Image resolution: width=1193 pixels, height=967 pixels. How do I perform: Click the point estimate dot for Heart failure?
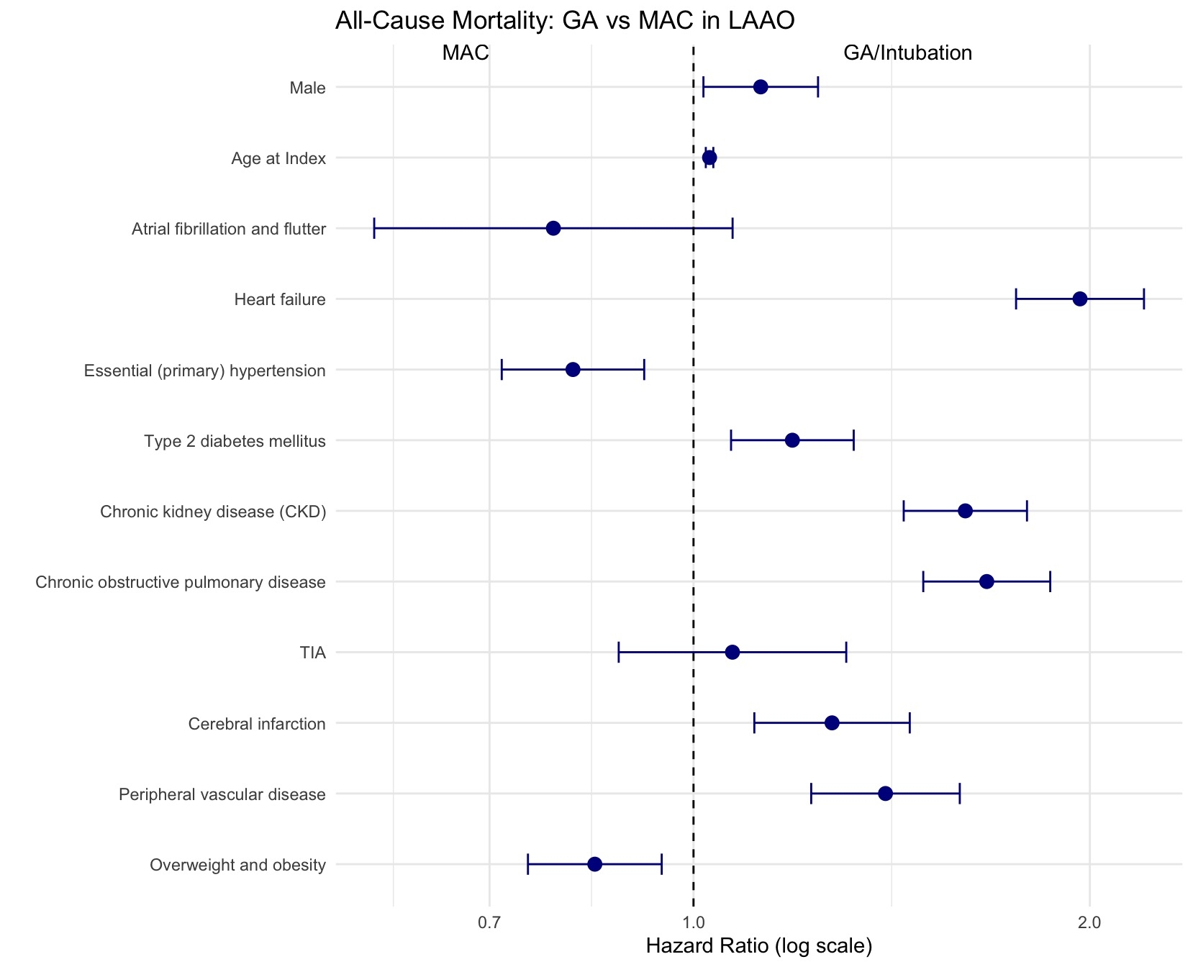[x=1079, y=299]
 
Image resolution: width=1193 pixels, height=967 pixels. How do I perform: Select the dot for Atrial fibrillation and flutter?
[x=553, y=229]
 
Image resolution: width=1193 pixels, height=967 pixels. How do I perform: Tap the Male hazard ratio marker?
[x=761, y=87]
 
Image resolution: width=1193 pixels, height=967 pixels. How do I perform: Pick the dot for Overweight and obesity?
[x=595, y=864]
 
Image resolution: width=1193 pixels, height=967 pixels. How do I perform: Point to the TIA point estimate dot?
[x=732, y=653]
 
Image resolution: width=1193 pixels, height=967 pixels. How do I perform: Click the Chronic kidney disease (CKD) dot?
[x=966, y=511]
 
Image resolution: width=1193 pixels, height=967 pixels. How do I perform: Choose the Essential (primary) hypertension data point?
[x=573, y=370]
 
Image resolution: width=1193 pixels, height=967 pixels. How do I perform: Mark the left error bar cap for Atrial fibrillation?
[x=374, y=229]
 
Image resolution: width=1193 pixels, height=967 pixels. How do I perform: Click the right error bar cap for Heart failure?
[x=1143, y=299]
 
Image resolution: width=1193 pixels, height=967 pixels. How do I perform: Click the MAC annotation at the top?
[x=466, y=53]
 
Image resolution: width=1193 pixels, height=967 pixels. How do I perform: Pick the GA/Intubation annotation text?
[x=907, y=53]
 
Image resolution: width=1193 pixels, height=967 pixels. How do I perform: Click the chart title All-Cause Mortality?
[x=565, y=21]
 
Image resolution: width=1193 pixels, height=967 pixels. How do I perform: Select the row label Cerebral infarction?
[x=257, y=724]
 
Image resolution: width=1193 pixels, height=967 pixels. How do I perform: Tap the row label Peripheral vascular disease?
[x=222, y=794]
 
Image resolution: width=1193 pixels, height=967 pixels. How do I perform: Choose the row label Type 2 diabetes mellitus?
[x=235, y=441]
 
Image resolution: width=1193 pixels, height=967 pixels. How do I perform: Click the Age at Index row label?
[x=278, y=158]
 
